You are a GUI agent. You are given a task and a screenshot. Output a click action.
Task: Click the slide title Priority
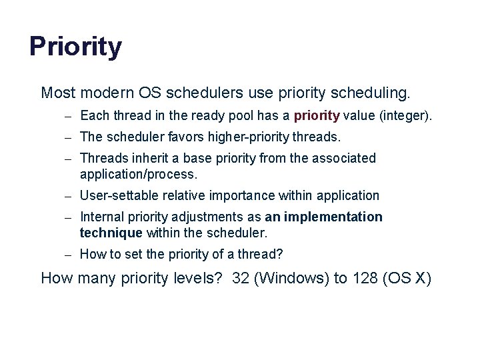pyautogui.click(x=75, y=47)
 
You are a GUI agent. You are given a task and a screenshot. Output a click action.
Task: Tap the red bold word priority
pyautogui.click(x=317, y=116)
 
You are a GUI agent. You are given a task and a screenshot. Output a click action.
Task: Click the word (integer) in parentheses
pyautogui.click(x=405, y=116)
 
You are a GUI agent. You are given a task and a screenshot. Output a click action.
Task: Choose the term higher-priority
pyautogui.click(x=247, y=137)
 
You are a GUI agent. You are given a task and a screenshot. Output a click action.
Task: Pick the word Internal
pyautogui.click(x=101, y=217)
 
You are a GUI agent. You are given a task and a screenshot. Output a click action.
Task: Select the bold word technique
pyautogui.click(x=111, y=233)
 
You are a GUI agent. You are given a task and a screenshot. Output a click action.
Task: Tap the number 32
pyautogui.click(x=240, y=278)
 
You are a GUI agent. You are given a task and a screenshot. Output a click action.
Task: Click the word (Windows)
pyautogui.click(x=288, y=278)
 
